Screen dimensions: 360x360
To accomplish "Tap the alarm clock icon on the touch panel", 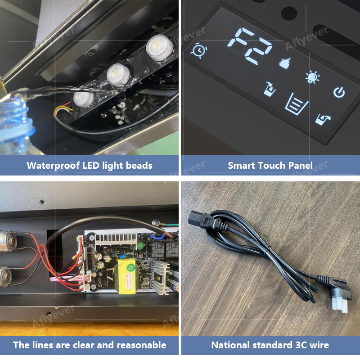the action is [x=199, y=50].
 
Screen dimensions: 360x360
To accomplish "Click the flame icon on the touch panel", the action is [x=285, y=63].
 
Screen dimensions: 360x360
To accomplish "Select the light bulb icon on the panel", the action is [x=312, y=77].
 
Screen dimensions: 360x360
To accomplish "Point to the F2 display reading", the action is [x=250, y=46].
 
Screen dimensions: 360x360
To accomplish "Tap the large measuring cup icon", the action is [x=296, y=104].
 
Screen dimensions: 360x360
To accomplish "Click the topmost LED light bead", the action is [x=159, y=48].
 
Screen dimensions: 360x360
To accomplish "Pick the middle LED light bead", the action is [x=118, y=75].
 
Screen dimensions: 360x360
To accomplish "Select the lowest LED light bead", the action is [x=83, y=99].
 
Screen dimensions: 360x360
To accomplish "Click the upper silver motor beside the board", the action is [x=8, y=242].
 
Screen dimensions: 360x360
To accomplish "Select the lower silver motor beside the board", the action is [x=6, y=277].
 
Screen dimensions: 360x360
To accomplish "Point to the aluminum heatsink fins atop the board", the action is [x=116, y=239].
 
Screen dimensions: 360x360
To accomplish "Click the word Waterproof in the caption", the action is [x=53, y=166].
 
